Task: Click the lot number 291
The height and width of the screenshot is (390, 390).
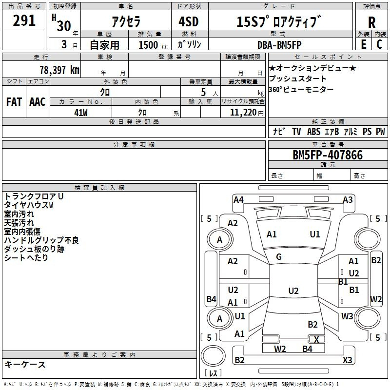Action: click(x=24, y=20)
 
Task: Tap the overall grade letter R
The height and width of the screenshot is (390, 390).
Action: click(x=371, y=22)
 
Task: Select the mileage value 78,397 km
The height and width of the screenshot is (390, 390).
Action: click(x=59, y=70)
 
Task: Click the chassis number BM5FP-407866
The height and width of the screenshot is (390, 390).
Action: click(x=328, y=155)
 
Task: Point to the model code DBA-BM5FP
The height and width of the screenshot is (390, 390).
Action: click(x=279, y=45)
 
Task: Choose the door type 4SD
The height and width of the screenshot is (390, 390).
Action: click(x=189, y=21)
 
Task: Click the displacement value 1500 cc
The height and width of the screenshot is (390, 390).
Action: click(x=153, y=45)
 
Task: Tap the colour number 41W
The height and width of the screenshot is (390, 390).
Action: click(x=81, y=113)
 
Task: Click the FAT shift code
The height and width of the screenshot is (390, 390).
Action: click(x=14, y=102)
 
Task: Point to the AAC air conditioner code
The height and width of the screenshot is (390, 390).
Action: click(x=38, y=102)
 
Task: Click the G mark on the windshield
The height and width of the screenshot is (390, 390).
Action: click(x=279, y=257)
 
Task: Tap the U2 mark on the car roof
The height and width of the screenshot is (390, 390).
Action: click(x=293, y=291)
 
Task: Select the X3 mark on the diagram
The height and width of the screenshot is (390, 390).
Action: click(x=347, y=360)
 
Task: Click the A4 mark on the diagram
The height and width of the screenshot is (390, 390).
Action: click(x=238, y=200)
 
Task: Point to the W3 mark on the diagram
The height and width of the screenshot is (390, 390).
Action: click(x=347, y=316)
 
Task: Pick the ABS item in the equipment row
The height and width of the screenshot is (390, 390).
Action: click(x=313, y=132)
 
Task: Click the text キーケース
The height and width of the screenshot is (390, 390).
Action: click(x=25, y=364)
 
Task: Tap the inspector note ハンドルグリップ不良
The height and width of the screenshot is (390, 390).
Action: click(x=41, y=240)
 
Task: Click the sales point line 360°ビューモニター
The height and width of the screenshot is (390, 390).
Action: click(x=301, y=89)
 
